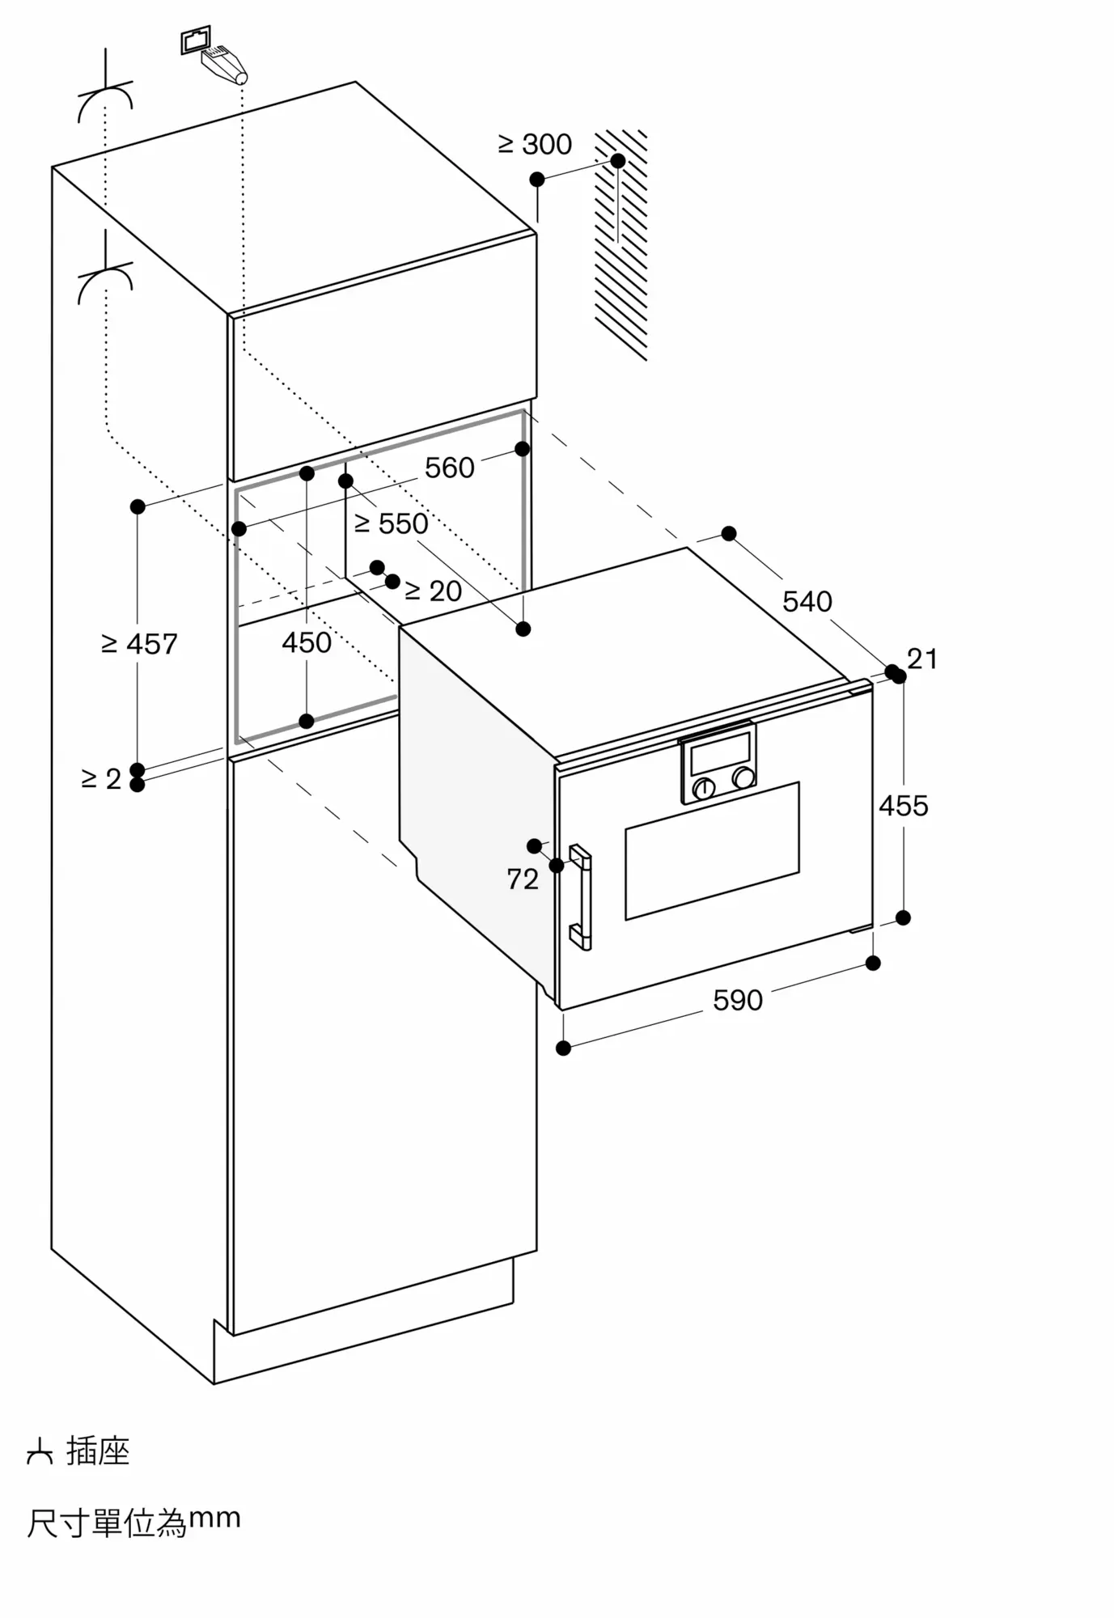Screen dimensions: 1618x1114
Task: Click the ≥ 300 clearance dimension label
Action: [535, 145]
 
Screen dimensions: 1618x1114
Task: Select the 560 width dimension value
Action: [449, 468]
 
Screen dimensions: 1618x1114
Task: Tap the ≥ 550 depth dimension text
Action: [392, 524]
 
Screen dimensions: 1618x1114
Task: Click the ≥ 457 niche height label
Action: [139, 644]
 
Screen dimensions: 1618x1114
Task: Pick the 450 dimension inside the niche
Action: [307, 642]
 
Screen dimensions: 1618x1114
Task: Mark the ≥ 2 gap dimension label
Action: [101, 778]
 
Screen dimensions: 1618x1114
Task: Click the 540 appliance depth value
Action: [807, 601]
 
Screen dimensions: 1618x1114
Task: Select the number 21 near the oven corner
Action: [922, 659]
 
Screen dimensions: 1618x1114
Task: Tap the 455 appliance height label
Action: [903, 806]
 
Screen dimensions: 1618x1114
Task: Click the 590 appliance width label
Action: [737, 1001]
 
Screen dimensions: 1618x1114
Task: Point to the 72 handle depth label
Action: [523, 879]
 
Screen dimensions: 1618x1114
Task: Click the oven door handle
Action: [581, 896]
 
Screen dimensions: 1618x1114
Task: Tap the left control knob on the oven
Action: [705, 787]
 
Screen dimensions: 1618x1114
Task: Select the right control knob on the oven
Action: [743, 778]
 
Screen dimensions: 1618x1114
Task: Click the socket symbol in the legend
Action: [39, 1453]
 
